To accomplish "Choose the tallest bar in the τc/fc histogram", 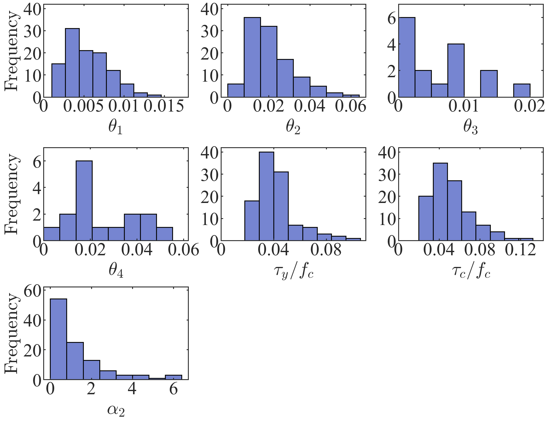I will point(440,202).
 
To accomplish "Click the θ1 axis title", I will point(115,128).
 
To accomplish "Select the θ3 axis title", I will point(470,128).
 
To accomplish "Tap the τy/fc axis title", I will point(293,271).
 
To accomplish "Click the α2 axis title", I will point(116,410).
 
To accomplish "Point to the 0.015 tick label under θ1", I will point(164,106).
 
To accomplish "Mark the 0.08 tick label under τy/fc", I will point(326,250).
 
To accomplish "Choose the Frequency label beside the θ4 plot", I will point(12,194).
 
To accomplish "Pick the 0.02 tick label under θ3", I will point(529,106).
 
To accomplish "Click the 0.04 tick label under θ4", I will point(137,250).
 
